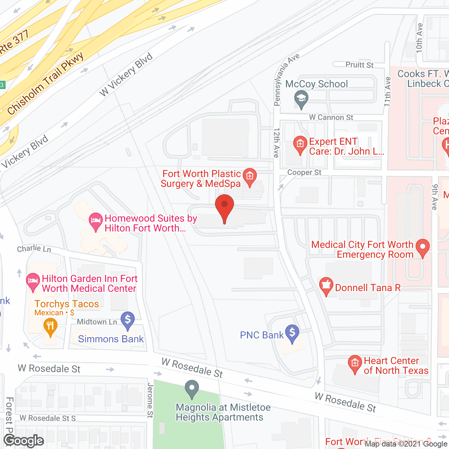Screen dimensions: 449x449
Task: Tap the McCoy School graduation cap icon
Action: coord(301,99)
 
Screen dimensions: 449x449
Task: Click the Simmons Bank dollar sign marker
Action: coord(128,320)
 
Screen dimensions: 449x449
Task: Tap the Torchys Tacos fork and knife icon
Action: coord(51,327)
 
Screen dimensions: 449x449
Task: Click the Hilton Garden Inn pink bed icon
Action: coord(33,282)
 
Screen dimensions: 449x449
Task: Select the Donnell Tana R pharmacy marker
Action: coord(326,286)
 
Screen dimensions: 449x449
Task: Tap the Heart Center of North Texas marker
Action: coord(355,364)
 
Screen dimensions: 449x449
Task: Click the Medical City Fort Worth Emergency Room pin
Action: coord(423,247)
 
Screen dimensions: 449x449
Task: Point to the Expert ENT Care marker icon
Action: coord(300,145)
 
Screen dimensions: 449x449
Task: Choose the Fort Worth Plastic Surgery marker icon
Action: coord(250,177)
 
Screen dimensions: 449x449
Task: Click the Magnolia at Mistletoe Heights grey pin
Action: coord(192,389)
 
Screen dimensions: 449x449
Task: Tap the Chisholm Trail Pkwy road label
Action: coord(46,84)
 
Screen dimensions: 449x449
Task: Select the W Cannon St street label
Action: coord(331,118)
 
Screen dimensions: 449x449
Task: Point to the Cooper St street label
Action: coord(304,173)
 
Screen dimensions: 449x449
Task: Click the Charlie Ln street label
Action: coord(34,249)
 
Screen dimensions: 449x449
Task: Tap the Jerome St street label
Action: coord(150,400)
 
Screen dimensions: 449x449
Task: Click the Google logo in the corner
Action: coord(24,441)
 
